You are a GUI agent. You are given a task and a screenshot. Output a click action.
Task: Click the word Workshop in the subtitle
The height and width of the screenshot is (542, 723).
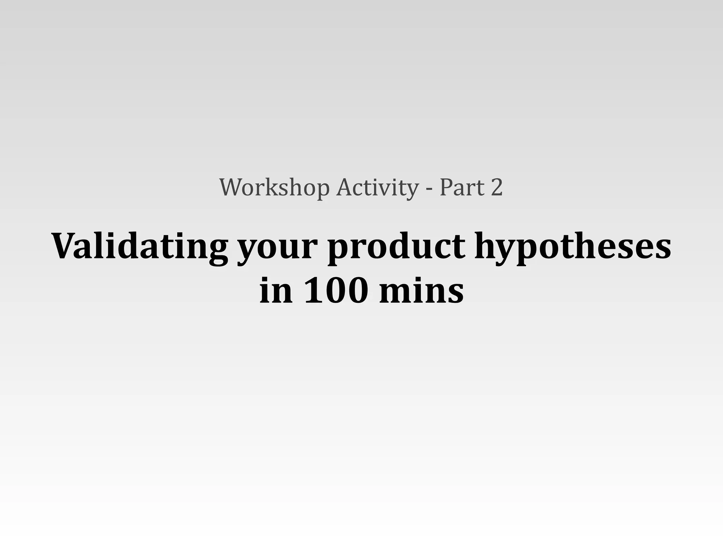click(x=274, y=187)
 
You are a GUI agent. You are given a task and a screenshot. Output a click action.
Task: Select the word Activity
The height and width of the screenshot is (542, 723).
click(x=377, y=187)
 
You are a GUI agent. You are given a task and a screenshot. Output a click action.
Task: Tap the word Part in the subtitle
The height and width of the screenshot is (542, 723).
click(x=462, y=187)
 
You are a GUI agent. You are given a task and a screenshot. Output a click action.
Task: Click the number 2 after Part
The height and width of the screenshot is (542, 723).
click(x=496, y=187)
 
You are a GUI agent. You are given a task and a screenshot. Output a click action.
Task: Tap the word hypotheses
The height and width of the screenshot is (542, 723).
click(x=572, y=246)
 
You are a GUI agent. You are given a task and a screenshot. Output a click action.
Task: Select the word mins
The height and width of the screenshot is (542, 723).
click(x=421, y=290)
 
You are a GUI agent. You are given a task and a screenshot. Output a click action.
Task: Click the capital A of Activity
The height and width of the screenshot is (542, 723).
click(x=345, y=187)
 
